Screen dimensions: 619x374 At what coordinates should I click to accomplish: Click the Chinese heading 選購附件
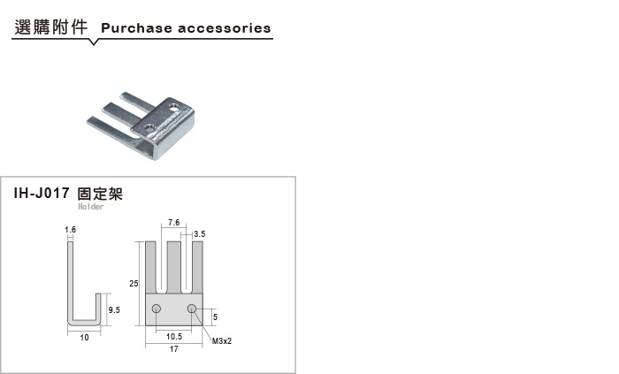point(50,27)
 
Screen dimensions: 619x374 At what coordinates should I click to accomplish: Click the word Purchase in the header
point(136,28)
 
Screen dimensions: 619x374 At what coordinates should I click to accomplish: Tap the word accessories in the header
point(225,28)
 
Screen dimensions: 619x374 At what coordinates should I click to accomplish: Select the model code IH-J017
point(42,194)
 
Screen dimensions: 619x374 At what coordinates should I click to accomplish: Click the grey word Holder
point(91,206)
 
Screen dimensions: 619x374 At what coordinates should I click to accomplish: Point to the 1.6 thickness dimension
point(70,229)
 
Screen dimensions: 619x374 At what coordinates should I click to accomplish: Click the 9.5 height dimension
point(114,310)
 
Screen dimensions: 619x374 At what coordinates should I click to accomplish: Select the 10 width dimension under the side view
point(84,338)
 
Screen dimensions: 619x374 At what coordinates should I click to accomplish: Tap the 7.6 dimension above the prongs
point(173,223)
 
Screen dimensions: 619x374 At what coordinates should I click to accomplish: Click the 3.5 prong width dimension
point(200,234)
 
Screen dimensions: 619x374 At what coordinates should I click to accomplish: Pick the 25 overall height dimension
point(134,283)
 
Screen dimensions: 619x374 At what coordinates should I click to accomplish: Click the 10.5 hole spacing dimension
point(174,337)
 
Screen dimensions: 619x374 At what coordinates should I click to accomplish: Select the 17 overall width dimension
point(173,348)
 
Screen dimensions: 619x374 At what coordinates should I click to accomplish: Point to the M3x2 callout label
point(222,341)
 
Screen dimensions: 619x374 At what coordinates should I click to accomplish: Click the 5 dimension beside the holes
point(215,317)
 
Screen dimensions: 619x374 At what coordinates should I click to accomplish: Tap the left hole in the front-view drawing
point(157,308)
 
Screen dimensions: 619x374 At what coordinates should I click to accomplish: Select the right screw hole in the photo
point(174,106)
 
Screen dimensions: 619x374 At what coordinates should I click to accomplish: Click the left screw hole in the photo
point(149,127)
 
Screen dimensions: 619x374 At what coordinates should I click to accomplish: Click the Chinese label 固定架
point(100,194)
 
